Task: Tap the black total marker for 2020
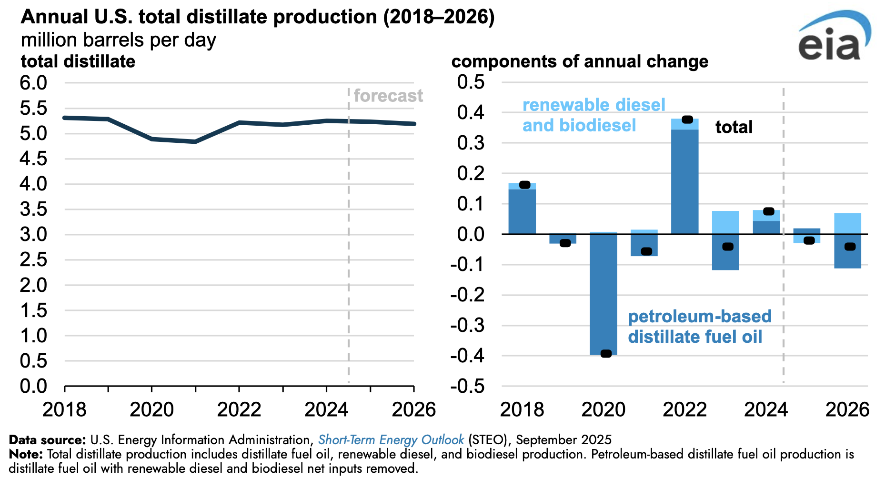coord(606,353)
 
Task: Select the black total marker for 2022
coord(687,120)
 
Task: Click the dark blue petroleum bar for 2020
coord(603,294)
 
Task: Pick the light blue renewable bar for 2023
coord(725,222)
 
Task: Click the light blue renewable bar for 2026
coord(848,224)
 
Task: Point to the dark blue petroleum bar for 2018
coord(522,211)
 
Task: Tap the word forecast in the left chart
coord(388,96)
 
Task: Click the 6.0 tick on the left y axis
coord(33,83)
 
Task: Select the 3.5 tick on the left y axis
coord(33,209)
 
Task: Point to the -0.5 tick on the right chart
coord(468,386)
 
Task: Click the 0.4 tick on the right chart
coord(471,113)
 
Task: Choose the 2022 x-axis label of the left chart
coord(239,409)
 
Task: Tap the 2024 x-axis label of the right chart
coord(766,409)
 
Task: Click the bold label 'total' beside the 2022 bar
coord(734,127)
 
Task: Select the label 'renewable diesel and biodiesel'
coord(593,115)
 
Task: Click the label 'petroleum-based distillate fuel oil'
coord(699,327)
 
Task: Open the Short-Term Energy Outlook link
coord(391,439)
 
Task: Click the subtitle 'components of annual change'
coord(580,62)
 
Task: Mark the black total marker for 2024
coord(768,211)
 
